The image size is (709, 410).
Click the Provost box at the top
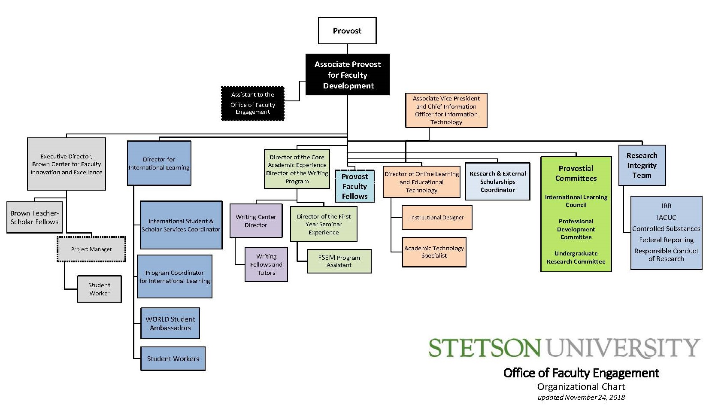347,31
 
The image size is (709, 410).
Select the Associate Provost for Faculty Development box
348,74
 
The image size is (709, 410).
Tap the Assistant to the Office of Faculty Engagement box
253,103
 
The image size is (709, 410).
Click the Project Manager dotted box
91,249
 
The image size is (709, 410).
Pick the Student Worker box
100,289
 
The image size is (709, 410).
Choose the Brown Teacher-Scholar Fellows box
34,218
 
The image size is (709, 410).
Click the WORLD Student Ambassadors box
170,323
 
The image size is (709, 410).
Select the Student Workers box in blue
173,359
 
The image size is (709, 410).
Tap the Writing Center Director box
256,221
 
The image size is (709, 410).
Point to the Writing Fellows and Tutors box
266,264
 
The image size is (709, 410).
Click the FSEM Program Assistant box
339,261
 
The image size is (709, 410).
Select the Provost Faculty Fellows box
355,186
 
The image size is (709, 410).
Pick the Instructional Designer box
437,218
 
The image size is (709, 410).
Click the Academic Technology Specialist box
434,252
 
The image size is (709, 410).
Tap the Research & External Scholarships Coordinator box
497,182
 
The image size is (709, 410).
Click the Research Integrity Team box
642,165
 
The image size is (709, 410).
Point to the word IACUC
666,218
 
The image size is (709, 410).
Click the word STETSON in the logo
484,348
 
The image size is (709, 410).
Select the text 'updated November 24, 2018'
581,398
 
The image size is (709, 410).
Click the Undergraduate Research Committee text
576,258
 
